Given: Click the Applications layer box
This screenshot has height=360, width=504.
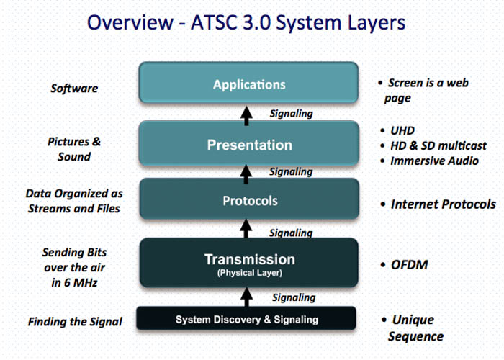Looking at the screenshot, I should pyautogui.click(x=248, y=84).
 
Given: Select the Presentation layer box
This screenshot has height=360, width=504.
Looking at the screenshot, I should pyautogui.click(x=248, y=145).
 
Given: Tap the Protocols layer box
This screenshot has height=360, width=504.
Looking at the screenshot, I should pyautogui.click(x=248, y=200).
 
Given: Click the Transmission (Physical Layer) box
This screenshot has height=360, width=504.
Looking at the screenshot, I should pyautogui.click(x=248, y=262).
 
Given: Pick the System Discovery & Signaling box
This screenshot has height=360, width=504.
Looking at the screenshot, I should pyautogui.click(x=246, y=318).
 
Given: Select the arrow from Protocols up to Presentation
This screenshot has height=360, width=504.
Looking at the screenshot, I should pyautogui.click(x=248, y=171).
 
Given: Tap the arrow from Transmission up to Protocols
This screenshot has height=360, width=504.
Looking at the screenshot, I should pyautogui.click(x=248, y=230).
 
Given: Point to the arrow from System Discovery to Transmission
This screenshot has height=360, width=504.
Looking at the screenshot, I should pyautogui.click(x=248, y=295).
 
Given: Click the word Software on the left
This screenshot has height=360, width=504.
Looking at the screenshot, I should pyautogui.click(x=74, y=89).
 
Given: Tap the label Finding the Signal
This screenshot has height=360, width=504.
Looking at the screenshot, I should pyautogui.click(x=75, y=322).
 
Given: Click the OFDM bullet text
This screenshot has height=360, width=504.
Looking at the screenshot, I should pyautogui.click(x=409, y=265).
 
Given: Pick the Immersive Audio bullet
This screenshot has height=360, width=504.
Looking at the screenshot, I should pyautogui.click(x=433, y=161).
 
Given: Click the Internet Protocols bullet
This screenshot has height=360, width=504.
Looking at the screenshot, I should pyautogui.click(x=442, y=204).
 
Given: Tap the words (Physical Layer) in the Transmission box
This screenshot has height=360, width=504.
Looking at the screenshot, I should pyautogui.click(x=248, y=274).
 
